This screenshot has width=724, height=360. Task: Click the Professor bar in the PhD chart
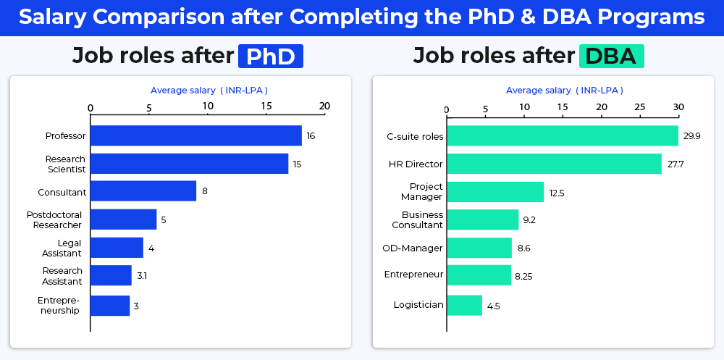pyautogui.click(x=195, y=135)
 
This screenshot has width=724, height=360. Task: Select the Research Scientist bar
pyautogui.click(x=189, y=164)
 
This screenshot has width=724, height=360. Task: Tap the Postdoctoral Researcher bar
pyautogui.click(x=123, y=219)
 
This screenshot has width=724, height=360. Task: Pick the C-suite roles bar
pyautogui.click(x=562, y=135)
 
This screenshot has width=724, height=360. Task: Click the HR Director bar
pyautogui.click(x=554, y=164)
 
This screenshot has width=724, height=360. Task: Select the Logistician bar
pyautogui.click(x=464, y=305)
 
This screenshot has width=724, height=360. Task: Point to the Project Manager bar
pyautogui.click(x=495, y=192)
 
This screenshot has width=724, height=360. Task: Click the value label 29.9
pyautogui.click(x=691, y=136)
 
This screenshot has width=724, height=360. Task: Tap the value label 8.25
pyautogui.click(x=524, y=276)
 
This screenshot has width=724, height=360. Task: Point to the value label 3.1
pyautogui.click(x=142, y=276)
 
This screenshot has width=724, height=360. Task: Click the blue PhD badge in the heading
pyautogui.click(x=270, y=56)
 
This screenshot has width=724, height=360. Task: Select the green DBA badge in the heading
pyautogui.click(x=612, y=56)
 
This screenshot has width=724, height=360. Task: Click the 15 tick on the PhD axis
pyautogui.click(x=266, y=106)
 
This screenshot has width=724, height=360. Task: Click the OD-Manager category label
pyautogui.click(x=412, y=248)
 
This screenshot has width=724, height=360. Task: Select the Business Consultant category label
pyautogui.click(x=422, y=219)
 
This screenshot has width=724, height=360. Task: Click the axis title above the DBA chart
pyautogui.click(x=564, y=91)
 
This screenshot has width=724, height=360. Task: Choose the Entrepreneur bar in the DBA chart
pyautogui.click(x=479, y=276)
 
